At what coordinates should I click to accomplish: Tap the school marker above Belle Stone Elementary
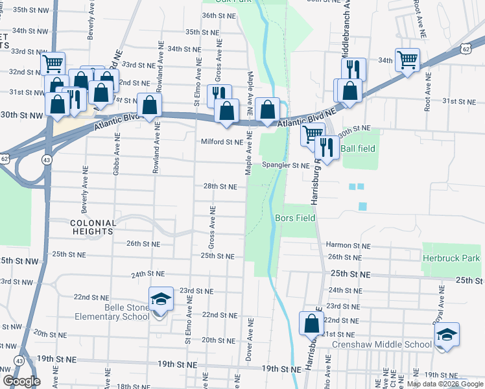161,300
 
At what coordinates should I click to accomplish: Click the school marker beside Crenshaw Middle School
447,335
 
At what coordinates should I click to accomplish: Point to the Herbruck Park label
451,258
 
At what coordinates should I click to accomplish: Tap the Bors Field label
295,218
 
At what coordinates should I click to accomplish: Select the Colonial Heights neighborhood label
93,227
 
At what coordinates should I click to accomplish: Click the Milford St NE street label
222,141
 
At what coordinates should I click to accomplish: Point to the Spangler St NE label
285,165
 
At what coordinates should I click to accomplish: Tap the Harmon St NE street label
348,246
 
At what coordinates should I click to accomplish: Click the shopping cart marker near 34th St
407,61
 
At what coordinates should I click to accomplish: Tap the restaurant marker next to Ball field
325,148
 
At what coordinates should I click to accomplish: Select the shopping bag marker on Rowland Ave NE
149,106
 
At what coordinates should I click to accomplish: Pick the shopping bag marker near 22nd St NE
311,324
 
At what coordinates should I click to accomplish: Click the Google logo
21,381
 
